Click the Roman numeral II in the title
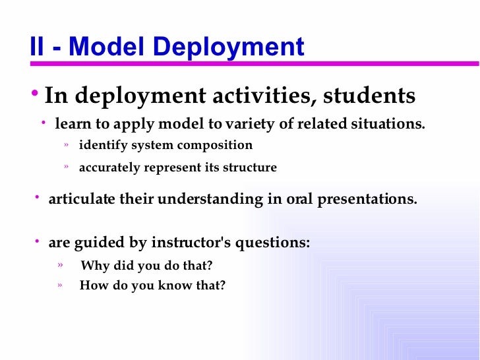38,47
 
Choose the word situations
389,124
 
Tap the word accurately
110,167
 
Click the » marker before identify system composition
67,144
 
